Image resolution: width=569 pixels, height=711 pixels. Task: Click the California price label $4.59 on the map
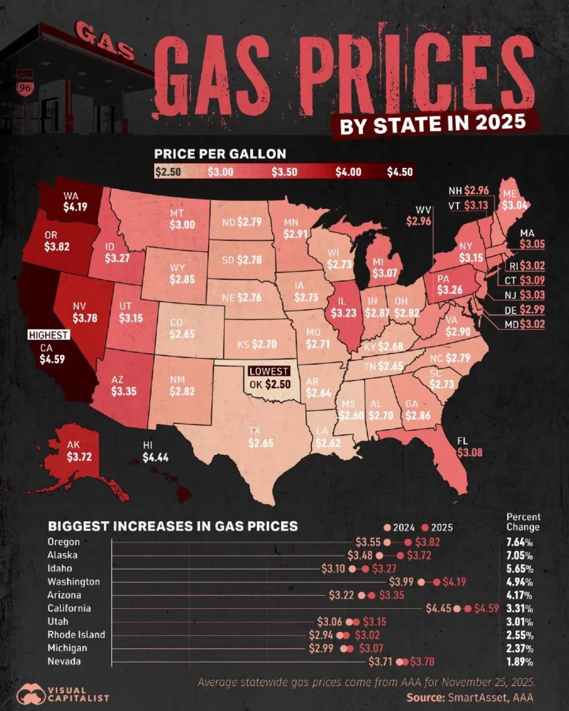tap(52, 360)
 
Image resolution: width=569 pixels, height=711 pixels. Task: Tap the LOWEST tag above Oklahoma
tap(269, 371)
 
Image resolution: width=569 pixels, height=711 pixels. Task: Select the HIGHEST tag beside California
tap(48, 335)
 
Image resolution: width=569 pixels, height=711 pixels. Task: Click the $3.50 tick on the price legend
tap(284, 172)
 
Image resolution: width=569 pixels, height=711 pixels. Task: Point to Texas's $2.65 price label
tap(261, 443)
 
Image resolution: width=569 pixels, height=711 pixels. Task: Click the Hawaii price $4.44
tap(155, 457)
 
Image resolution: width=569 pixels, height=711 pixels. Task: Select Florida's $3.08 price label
tap(469, 452)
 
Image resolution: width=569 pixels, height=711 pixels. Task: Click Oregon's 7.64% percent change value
tap(519, 542)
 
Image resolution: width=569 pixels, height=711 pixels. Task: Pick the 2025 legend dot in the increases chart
tap(425, 528)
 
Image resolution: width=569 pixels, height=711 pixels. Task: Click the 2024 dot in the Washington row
tap(421, 582)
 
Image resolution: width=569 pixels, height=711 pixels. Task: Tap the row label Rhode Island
tap(76, 635)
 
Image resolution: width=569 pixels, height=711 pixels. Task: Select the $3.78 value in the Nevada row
tap(422, 661)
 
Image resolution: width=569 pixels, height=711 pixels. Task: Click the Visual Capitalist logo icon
tap(31, 695)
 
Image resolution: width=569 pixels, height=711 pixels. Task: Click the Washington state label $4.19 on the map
tap(75, 207)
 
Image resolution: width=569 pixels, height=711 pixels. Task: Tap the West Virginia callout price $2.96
tap(418, 221)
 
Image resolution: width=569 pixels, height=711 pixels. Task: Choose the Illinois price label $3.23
tap(344, 313)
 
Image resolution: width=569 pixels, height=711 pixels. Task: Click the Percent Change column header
tap(523, 522)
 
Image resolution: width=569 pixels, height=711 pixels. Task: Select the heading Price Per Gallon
tap(220, 154)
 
